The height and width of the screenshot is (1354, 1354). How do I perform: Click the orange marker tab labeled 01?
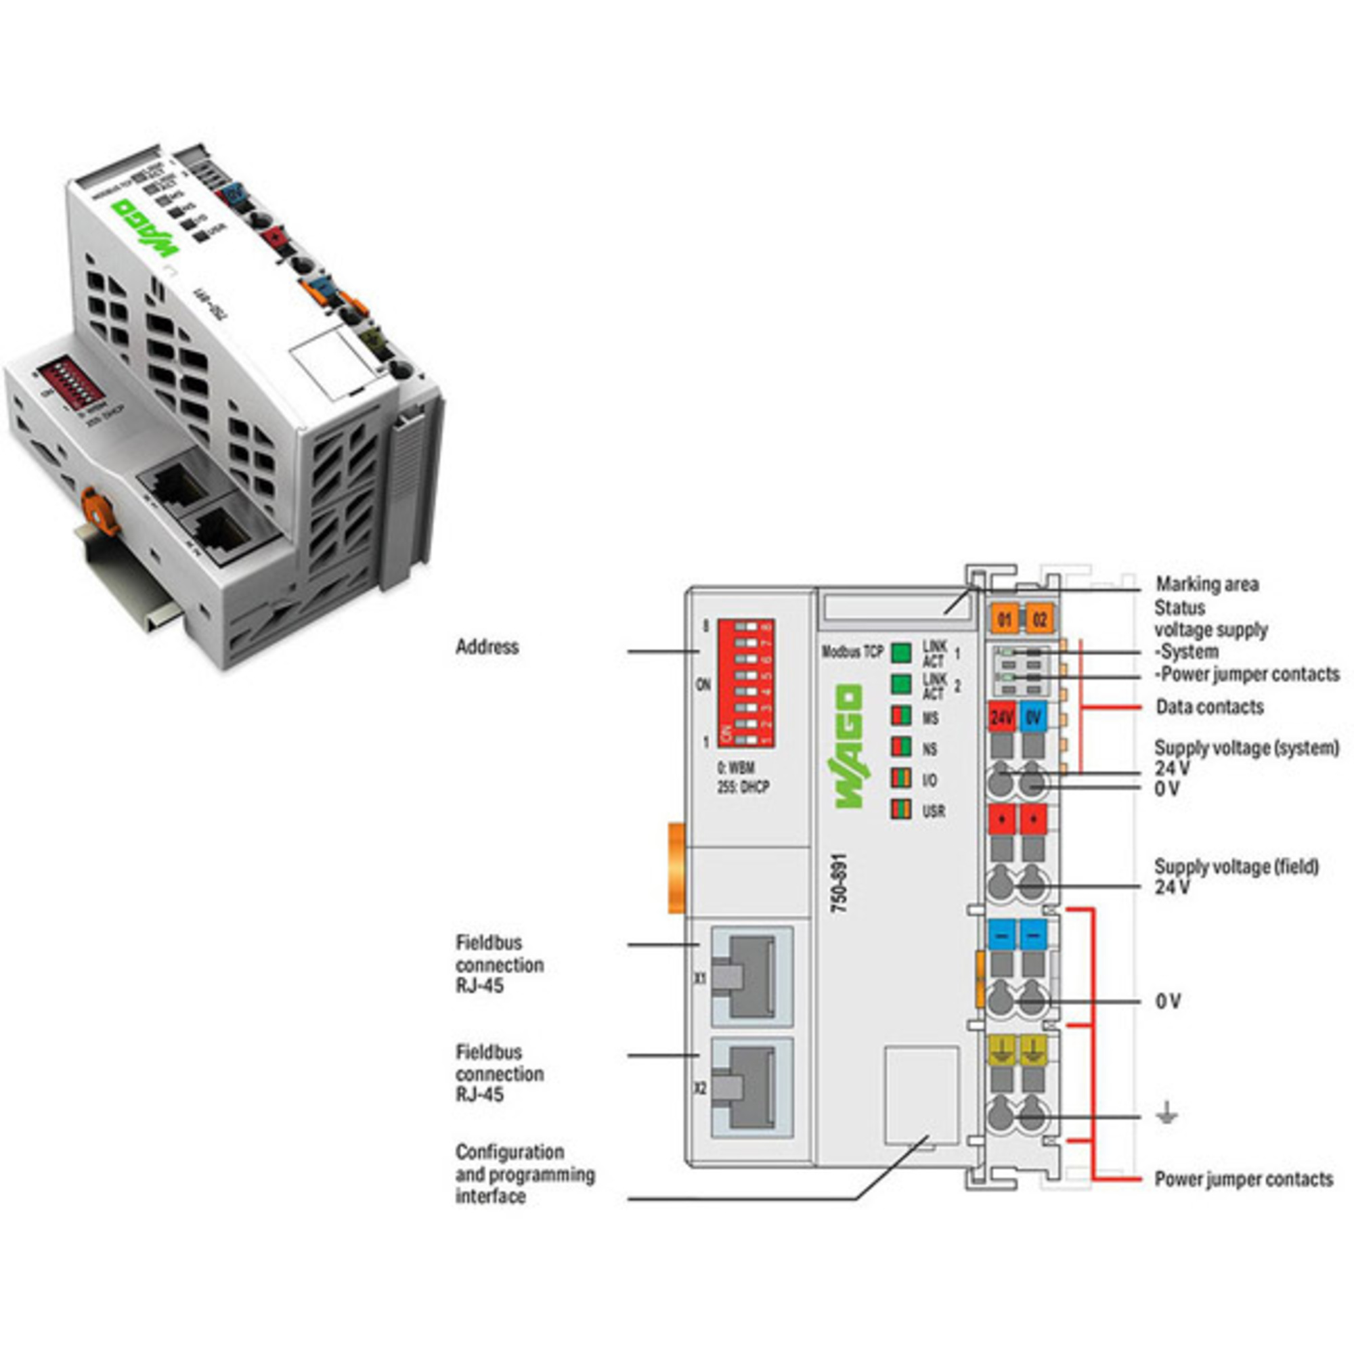pos(1003,619)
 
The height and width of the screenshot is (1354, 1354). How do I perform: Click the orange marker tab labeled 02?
pos(1039,619)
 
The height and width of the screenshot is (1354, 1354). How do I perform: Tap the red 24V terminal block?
pos(1002,717)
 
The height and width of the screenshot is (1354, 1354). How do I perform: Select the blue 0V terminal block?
pos(1034,717)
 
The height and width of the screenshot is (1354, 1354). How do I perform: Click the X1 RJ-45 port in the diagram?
pos(751,976)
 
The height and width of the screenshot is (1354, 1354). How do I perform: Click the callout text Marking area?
pos(1207,584)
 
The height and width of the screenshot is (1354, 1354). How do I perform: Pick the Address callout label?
pos(487,646)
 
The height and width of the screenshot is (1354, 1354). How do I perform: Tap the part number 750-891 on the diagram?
pos(839,883)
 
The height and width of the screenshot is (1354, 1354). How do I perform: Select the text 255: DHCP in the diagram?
pos(743,787)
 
